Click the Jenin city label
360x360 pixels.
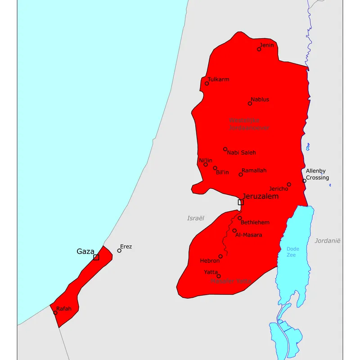point(267,45)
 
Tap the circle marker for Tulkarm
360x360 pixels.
point(207,83)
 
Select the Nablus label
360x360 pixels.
point(260,99)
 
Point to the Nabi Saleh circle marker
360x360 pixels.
point(225,149)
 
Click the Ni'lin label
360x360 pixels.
point(206,161)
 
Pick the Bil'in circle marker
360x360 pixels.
point(215,168)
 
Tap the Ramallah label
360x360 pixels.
point(254,171)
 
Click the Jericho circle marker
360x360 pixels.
point(289,184)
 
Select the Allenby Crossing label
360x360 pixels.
point(317,174)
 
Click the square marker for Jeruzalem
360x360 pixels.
point(241,202)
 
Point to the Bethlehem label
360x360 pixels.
point(255,222)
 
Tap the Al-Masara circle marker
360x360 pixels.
point(234,230)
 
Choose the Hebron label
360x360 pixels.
point(210,261)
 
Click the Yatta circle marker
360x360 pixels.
point(219,276)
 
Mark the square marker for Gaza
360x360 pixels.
point(96,257)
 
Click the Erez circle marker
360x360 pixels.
point(119,251)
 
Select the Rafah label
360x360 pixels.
point(64,309)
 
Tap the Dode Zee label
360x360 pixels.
point(293,252)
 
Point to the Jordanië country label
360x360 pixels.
point(328,241)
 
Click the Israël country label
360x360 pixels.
point(196,218)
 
